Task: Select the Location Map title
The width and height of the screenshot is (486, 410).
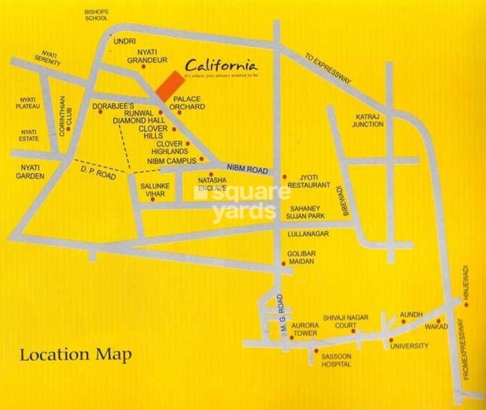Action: (x=76, y=355)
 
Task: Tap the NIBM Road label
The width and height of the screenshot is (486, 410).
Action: (x=248, y=169)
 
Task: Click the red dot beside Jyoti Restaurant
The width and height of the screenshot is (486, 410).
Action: (x=284, y=176)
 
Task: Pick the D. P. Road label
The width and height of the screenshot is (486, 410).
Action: (x=97, y=170)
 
